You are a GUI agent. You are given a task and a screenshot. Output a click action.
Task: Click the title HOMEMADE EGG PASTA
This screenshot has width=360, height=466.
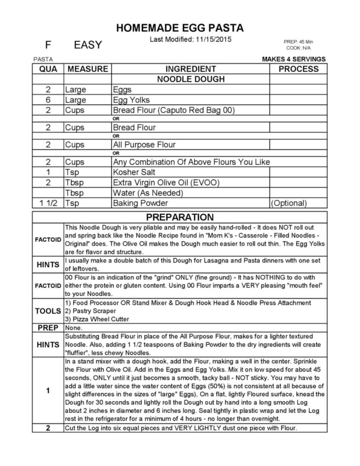point(180,28)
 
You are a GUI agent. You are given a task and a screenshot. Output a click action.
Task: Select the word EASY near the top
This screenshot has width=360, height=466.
point(88,45)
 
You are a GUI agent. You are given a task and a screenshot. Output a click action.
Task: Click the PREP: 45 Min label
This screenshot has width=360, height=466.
point(298,42)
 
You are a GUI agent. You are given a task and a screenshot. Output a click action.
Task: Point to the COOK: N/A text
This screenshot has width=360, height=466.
point(298,48)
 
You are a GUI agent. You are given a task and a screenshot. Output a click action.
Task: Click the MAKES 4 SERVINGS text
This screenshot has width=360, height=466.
point(293,59)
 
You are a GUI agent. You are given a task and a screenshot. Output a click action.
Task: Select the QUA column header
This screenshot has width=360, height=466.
point(48,69)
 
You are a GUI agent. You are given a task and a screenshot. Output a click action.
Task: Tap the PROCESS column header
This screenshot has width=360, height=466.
point(298,69)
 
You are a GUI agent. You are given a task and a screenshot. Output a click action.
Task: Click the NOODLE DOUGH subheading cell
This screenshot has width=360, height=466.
point(191,79)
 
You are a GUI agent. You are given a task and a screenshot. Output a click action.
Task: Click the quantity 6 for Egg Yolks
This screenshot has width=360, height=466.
point(48,100)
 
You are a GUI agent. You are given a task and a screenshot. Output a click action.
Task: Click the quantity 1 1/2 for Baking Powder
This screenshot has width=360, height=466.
point(48,203)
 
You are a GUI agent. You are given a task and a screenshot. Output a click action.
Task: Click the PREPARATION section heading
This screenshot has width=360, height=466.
point(180,217)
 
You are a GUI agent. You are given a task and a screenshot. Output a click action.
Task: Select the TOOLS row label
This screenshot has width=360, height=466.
point(48,311)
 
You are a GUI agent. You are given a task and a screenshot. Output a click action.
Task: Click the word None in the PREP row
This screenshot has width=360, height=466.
point(74,328)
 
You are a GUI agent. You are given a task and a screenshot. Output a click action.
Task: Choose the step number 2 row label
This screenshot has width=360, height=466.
point(48,428)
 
